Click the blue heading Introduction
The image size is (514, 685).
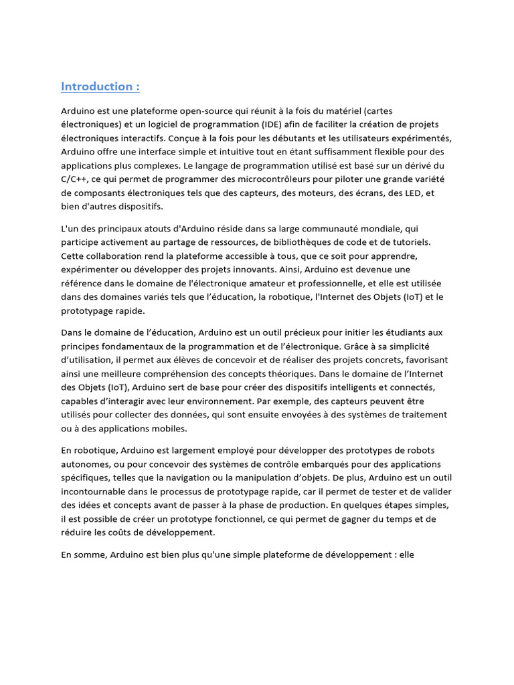click(x=100, y=86)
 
